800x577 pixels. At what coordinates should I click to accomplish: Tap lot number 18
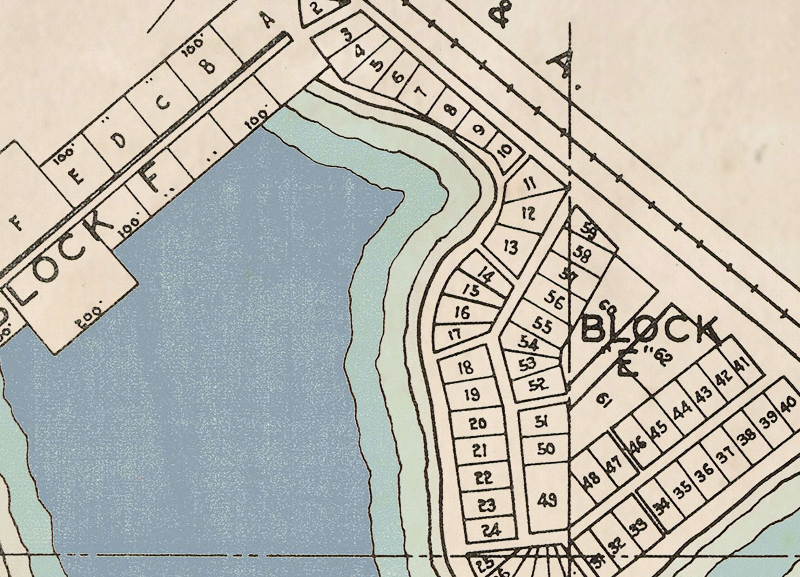click(x=466, y=368)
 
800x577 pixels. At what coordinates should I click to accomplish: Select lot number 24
click(x=491, y=531)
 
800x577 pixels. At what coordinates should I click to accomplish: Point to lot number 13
click(x=510, y=247)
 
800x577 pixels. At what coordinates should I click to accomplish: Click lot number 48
click(x=592, y=478)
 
